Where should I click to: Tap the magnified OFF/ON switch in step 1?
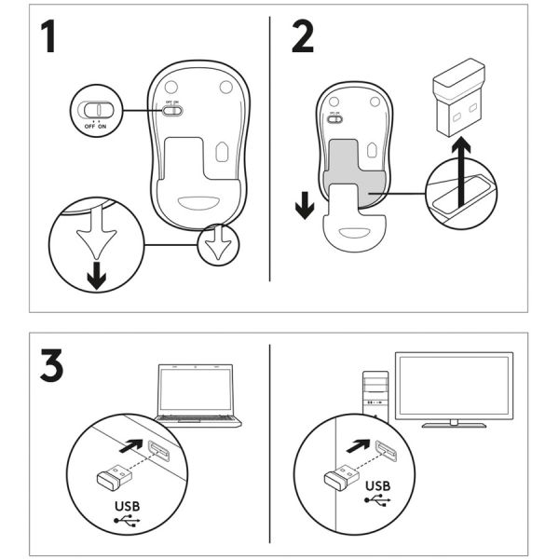coord(94,110)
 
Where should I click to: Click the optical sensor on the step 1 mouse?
coord(223,150)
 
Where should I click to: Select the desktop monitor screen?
coord(454,384)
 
